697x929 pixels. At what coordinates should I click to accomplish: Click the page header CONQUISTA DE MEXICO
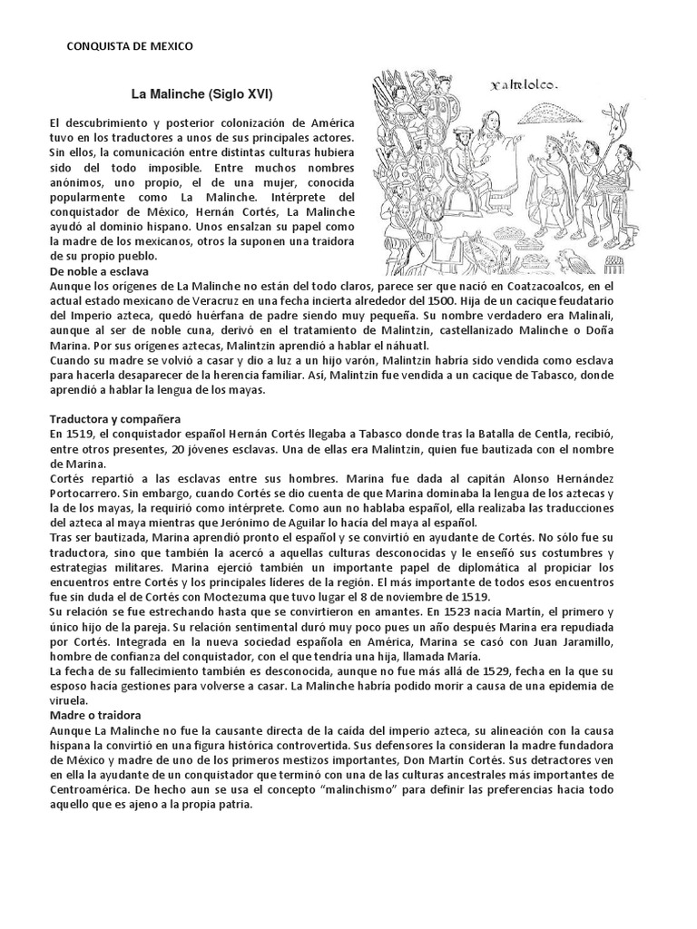(x=131, y=45)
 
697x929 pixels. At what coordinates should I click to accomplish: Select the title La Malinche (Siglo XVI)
(x=201, y=93)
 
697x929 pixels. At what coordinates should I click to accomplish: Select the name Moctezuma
(x=310, y=596)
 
